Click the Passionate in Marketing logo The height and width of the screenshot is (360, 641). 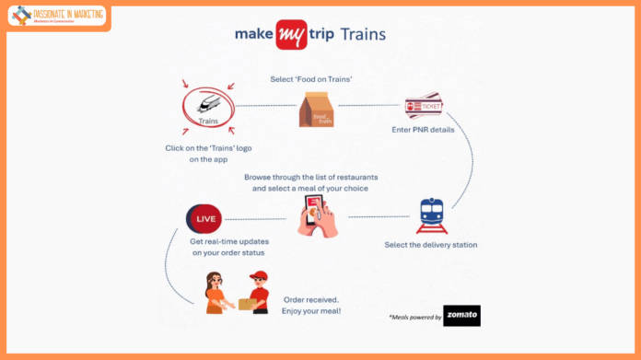57,17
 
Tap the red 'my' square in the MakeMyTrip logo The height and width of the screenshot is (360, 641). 291,35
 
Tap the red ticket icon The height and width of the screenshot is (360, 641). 424,106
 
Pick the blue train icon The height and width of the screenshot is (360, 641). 432,215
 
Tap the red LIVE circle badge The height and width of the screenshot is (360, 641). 204,220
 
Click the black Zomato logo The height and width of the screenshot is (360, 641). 461,316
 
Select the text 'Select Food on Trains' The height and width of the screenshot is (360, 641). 310,80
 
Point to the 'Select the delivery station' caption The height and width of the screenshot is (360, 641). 431,245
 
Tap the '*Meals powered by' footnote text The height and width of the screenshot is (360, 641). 414,317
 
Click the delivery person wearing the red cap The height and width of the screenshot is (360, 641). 259,292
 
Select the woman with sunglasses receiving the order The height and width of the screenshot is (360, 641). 217,292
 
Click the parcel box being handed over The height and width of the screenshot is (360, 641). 245,303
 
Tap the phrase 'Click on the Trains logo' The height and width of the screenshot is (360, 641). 209,148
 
